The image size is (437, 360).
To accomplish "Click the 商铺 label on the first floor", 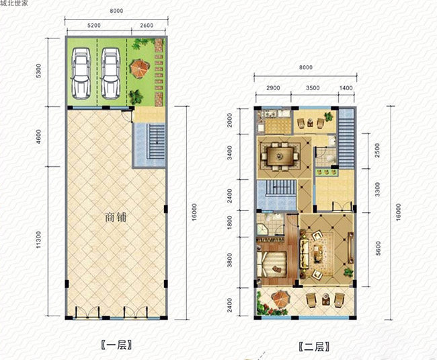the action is coord(116,217).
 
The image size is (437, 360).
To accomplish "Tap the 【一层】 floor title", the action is coord(116,345).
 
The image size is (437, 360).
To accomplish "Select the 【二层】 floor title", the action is coord(314,347).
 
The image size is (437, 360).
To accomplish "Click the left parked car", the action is coord(81,73).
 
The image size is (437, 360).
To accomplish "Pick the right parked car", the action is coord(111,73).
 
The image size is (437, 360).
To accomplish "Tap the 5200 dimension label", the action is coord(94,26).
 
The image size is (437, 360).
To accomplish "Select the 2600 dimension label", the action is coord(147,26).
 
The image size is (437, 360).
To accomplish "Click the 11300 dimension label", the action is coord(38,240).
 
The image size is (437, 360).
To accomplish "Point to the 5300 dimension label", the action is coord(38,71).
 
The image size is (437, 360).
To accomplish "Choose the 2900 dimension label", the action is coord(273,88).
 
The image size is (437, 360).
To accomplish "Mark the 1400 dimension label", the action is coord(346,88).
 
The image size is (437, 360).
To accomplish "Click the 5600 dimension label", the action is coord(378,248).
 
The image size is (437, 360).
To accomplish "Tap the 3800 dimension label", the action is coord(229,260).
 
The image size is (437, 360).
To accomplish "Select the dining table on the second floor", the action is coord(280,156).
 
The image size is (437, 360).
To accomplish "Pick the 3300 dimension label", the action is coord(377,189).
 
